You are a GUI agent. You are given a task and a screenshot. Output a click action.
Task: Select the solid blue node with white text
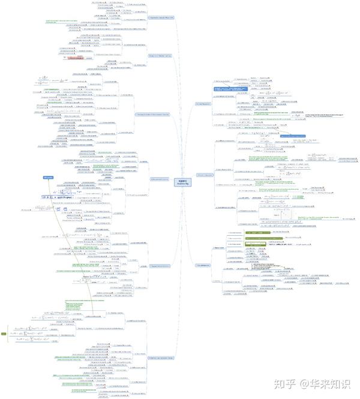[50, 178]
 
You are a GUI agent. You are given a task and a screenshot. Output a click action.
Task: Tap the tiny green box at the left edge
[4, 334]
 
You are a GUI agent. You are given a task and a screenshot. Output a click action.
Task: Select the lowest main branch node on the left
[161, 358]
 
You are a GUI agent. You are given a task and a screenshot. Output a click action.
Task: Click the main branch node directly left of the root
[160, 179]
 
